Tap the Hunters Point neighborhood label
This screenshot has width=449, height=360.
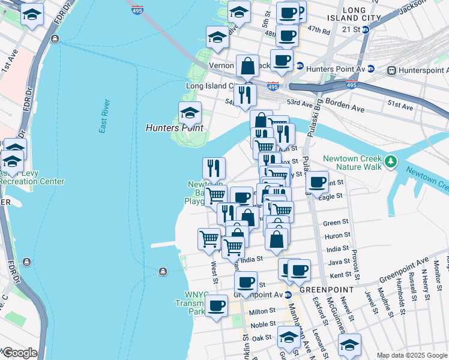[175, 128]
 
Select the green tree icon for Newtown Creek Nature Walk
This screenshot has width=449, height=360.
[391, 161]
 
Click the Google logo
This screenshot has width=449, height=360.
[20, 353]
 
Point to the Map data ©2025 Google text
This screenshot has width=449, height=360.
[411, 355]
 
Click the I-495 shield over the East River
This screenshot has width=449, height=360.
[137, 11]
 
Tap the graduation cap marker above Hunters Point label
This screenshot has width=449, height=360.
[190, 113]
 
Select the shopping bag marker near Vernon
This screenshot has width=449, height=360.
[247, 65]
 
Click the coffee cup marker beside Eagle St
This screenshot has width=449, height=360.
[316, 182]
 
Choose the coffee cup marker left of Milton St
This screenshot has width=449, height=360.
[216, 305]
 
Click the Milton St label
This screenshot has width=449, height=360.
[262, 312]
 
